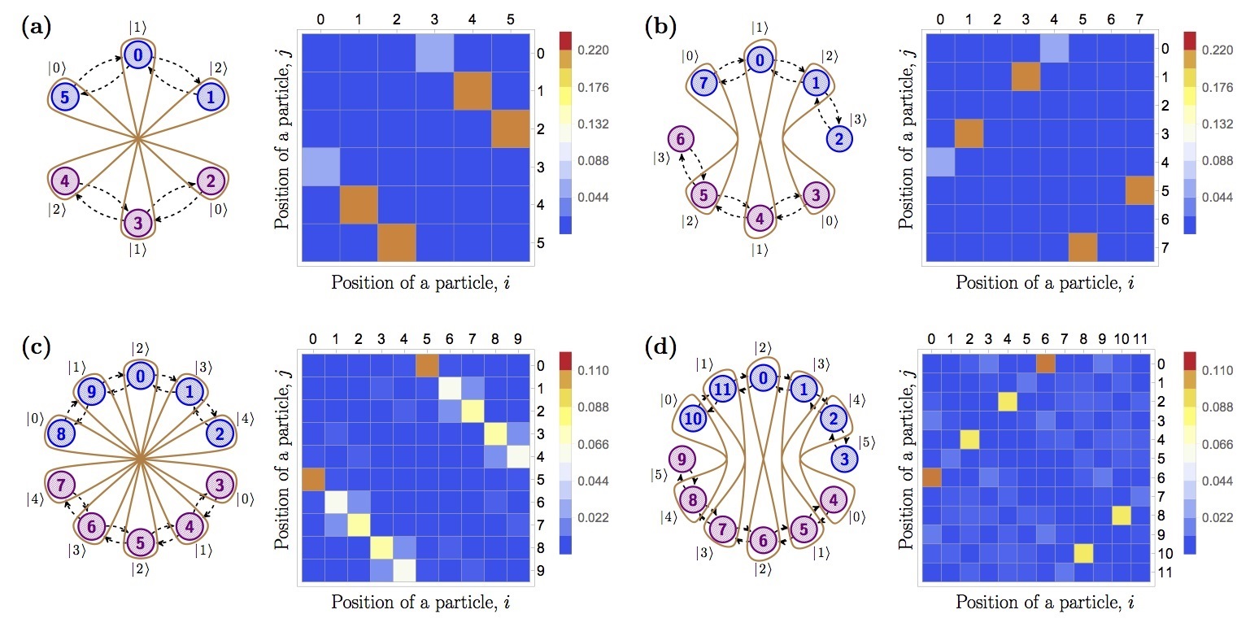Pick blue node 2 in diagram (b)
coord(838,139)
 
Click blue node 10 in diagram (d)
coord(694,419)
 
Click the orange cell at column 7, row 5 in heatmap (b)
coord(1140,190)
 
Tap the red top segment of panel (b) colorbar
coord(1190,40)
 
